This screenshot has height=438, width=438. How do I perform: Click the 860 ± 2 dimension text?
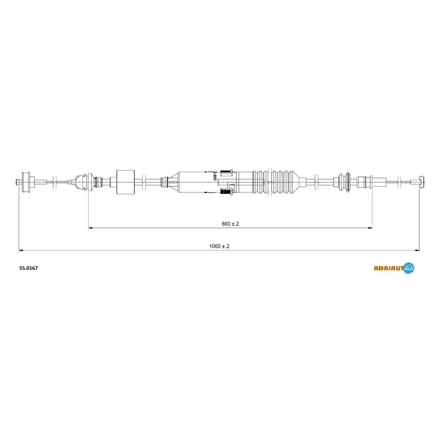(x=230, y=224)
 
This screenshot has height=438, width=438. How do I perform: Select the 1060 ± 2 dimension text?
(x=219, y=246)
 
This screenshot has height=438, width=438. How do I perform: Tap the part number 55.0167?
(x=29, y=268)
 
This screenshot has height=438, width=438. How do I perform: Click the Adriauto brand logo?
(x=394, y=268)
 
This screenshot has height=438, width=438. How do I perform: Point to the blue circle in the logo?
(x=409, y=268)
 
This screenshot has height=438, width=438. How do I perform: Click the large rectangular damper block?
(x=125, y=182)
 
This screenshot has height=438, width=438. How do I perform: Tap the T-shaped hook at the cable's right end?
(x=421, y=182)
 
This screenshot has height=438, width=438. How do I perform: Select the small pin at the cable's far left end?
(x=19, y=182)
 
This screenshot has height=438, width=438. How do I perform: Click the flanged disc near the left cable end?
(x=26, y=182)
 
